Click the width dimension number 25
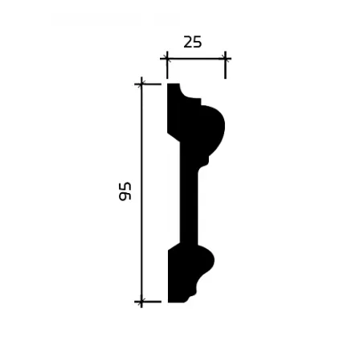(x=192, y=43)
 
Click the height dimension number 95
(x=125, y=191)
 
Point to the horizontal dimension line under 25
(x=196, y=58)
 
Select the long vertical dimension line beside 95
(x=141, y=192)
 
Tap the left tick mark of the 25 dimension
(x=167, y=58)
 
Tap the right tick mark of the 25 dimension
(x=225, y=58)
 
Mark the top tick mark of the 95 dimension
(x=141, y=84)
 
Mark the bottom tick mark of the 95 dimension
(x=141, y=302)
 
